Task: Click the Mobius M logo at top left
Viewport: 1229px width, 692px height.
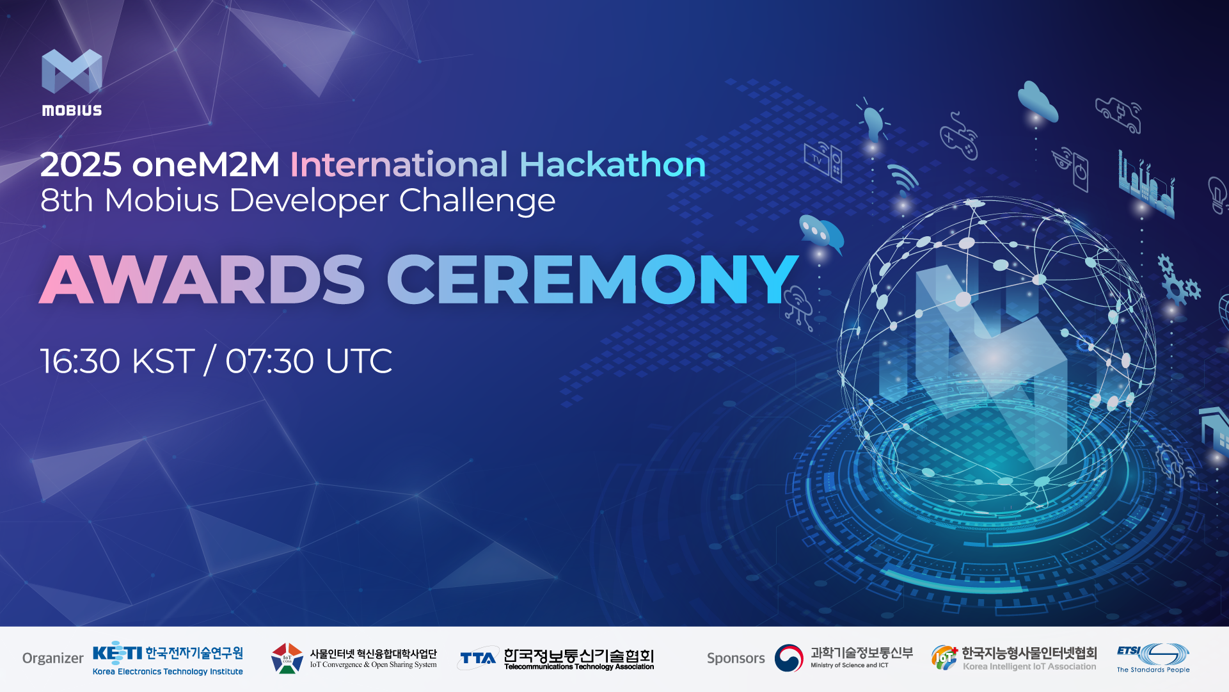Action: pyautogui.click(x=72, y=72)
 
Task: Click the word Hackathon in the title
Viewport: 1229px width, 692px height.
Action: pyautogui.click(x=612, y=165)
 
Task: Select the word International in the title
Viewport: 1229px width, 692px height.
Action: pyautogui.click(x=399, y=165)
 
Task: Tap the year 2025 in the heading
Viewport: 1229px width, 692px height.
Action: pyautogui.click(x=81, y=165)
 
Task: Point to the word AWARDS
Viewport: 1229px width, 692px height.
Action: pyautogui.click(x=202, y=280)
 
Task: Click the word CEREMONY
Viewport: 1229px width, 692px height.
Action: pyautogui.click(x=592, y=280)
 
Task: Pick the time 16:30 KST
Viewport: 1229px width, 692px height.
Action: pyautogui.click(x=117, y=361)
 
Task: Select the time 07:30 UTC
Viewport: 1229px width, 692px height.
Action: pyautogui.click(x=308, y=361)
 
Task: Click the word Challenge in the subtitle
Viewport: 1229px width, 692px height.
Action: pyautogui.click(x=477, y=200)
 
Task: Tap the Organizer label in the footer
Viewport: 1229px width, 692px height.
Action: pyautogui.click(x=52, y=658)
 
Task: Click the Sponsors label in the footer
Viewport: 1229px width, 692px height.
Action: pyautogui.click(x=736, y=658)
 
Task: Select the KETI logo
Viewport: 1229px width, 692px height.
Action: pyautogui.click(x=117, y=653)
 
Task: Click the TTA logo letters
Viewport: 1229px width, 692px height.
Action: pyautogui.click(x=478, y=658)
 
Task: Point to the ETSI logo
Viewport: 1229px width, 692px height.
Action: pyautogui.click(x=1153, y=657)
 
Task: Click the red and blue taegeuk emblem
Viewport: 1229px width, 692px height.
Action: pyautogui.click(x=788, y=658)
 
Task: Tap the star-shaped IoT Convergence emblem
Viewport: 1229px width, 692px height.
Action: pyautogui.click(x=287, y=658)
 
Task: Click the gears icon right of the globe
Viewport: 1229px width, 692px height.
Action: pyautogui.click(x=1178, y=282)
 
